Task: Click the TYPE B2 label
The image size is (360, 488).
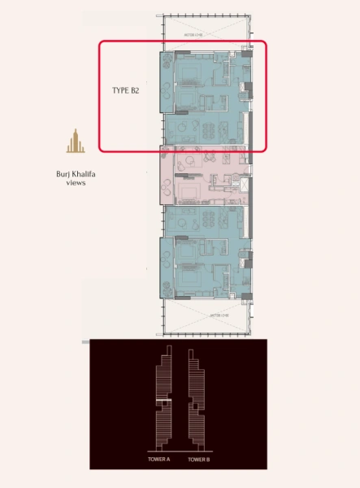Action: (x=125, y=91)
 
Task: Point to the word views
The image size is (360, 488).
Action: (x=76, y=183)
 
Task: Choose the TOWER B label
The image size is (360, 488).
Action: (x=199, y=460)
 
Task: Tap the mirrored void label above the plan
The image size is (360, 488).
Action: (x=203, y=35)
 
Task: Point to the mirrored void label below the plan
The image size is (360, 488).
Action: (x=203, y=315)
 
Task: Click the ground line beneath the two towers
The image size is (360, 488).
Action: (x=179, y=451)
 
